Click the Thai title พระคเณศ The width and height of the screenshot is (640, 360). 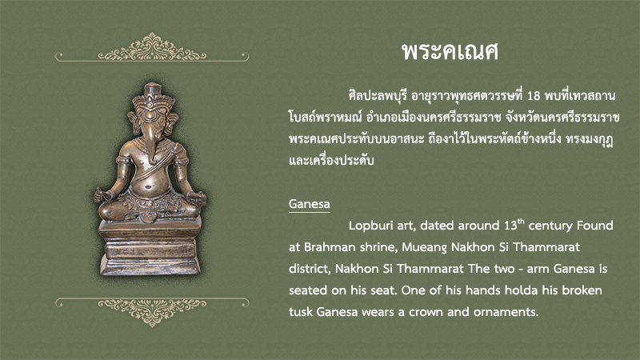(450, 52)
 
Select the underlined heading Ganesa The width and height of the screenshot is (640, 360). (310, 204)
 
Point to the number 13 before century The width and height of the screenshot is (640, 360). (510, 226)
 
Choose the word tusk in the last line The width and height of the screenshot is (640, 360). (301, 312)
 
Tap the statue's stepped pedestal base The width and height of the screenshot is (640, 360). (150, 248)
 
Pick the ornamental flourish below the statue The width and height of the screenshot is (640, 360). (152, 311)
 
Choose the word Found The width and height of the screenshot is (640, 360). (597, 226)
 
